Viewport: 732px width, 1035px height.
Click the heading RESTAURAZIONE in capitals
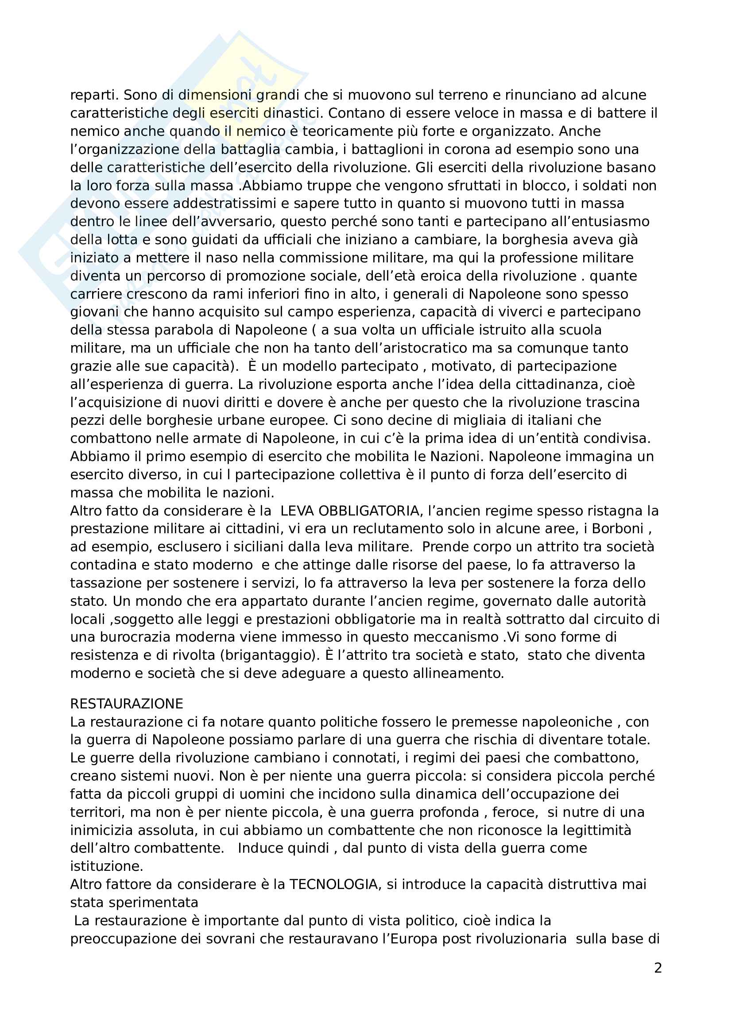tap(127, 704)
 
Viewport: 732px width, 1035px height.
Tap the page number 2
tap(658, 968)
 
